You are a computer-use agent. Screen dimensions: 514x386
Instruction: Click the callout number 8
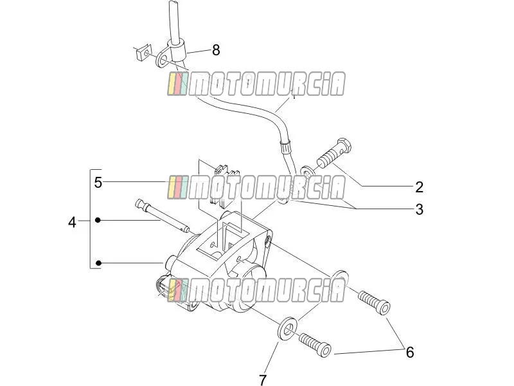[x=216, y=50]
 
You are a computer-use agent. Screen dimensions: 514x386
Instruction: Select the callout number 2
[x=420, y=187]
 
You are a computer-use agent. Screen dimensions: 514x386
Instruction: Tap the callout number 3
[x=420, y=210]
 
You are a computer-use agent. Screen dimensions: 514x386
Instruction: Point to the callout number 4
[x=72, y=223]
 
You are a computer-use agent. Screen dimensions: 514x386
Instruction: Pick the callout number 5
[x=98, y=183]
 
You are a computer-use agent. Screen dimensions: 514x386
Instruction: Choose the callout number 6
[x=410, y=352]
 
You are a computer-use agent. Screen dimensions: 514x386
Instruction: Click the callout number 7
[x=263, y=380]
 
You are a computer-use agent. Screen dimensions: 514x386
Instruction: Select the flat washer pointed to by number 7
[x=288, y=328]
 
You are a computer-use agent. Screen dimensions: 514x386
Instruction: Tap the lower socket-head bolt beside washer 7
[x=315, y=345]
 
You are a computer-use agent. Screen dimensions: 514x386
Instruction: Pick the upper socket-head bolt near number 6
[x=374, y=302]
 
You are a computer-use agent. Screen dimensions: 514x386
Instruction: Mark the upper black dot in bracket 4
[x=98, y=220]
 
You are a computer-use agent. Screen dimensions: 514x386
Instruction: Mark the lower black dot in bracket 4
[x=98, y=263]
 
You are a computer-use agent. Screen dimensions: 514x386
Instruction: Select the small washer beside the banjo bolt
[x=307, y=171]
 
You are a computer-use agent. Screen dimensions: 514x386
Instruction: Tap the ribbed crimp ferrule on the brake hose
[x=285, y=147]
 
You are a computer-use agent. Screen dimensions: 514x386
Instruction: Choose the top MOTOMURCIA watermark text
[x=256, y=84]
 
